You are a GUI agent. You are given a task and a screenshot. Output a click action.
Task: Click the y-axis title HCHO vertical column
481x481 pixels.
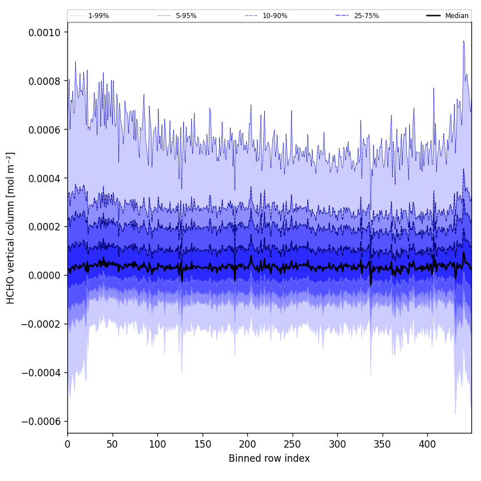[11, 227]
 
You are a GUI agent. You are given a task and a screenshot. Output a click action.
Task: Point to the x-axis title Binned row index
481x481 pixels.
[269, 458]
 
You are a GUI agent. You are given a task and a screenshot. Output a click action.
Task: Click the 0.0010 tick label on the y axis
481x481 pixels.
[44, 32]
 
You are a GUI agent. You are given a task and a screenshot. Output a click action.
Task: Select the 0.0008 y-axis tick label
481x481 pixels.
[44, 81]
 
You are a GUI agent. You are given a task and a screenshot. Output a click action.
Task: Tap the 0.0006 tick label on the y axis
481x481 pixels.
[44, 130]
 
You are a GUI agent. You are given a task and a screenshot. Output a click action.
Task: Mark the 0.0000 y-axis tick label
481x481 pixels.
[44, 276]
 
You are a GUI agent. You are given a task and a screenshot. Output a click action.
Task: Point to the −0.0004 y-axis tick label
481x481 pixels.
[41, 373]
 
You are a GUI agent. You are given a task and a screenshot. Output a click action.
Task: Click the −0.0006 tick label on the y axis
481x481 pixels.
[41, 422]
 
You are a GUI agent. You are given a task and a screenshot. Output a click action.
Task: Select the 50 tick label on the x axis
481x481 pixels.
[112, 444]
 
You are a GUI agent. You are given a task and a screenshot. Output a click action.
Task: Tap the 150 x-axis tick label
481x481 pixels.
[203, 444]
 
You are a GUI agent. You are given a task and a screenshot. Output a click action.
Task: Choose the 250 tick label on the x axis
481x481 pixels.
[293, 444]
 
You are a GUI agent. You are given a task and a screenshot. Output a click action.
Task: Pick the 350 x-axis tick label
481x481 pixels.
[383, 444]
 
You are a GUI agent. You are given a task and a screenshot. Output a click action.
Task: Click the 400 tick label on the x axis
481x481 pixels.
[427, 444]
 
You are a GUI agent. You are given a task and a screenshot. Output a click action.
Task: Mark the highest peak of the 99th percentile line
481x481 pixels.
[463, 41]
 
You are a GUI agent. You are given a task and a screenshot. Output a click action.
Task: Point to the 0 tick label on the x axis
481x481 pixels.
[67, 444]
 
